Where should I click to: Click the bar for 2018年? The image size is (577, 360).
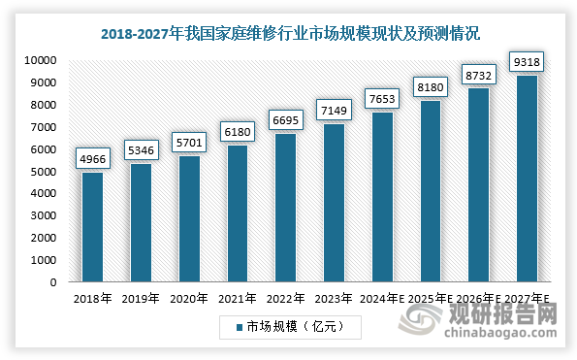[93, 227]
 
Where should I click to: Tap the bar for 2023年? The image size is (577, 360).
[335, 203]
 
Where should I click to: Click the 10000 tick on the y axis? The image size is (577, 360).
[42, 60]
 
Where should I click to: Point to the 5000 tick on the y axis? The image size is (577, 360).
[45, 172]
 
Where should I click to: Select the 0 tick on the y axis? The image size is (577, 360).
[57, 283]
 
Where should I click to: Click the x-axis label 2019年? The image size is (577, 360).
[141, 299]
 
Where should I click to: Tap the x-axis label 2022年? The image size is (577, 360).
[286, 299]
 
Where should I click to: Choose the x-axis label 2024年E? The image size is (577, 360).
[383, 299]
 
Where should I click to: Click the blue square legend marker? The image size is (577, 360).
[239, 328]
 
